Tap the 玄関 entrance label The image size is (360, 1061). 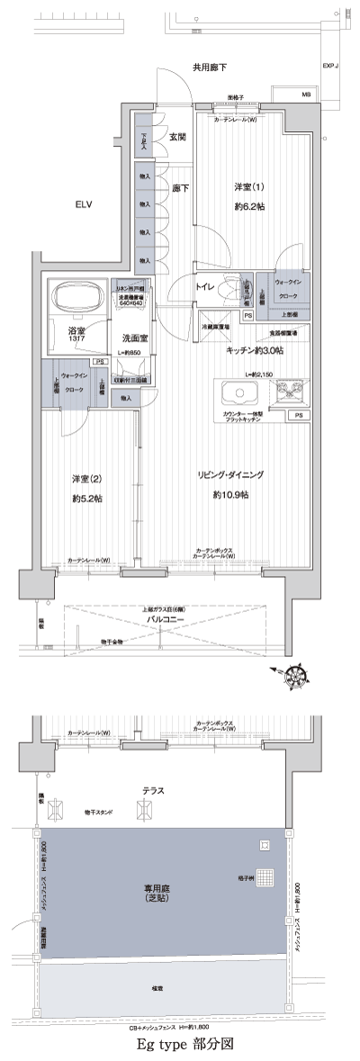(x=177, y=137)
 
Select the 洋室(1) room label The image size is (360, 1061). (x=249, y=187)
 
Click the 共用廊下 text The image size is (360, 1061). (x=208, y=67)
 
